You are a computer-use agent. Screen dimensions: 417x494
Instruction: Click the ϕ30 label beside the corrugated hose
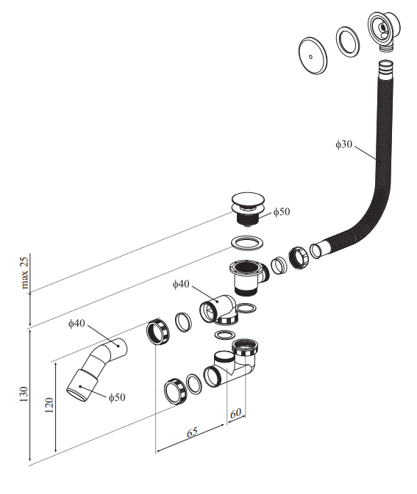tap(343, 145)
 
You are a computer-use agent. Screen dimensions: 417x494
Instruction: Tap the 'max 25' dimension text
tap(24, 273)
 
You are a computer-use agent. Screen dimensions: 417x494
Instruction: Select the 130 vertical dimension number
tap(24, 394)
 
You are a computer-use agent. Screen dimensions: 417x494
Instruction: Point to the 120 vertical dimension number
tap(49, 405)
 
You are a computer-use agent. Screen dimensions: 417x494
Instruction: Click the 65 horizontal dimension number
tap(192, 432)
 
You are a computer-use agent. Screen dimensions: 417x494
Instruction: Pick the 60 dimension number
tap(235, 413)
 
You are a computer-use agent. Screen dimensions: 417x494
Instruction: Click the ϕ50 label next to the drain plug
tap(281, 211)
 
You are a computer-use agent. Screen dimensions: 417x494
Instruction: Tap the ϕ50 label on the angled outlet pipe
tap(117, 398)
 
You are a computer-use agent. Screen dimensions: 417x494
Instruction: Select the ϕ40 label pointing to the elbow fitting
tap(181, 284)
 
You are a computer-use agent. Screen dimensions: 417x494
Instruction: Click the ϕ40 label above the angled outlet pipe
tap(76, 323)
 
